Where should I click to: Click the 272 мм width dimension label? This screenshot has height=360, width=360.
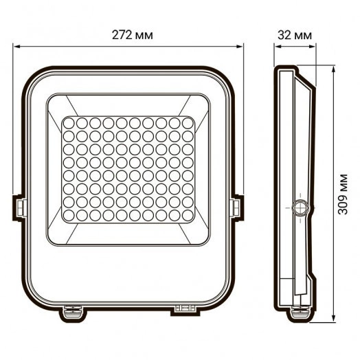(x=128, y=34)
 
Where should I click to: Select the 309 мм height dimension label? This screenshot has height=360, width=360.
(x=344, y=194)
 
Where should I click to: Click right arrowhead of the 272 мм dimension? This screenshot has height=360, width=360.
(x=241, y=47)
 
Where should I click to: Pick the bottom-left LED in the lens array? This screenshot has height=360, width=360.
(x=69, y=218)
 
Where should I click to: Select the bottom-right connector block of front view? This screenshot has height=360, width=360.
(x=183, y=311)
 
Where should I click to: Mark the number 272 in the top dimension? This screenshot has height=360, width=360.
(x=120, y=34)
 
